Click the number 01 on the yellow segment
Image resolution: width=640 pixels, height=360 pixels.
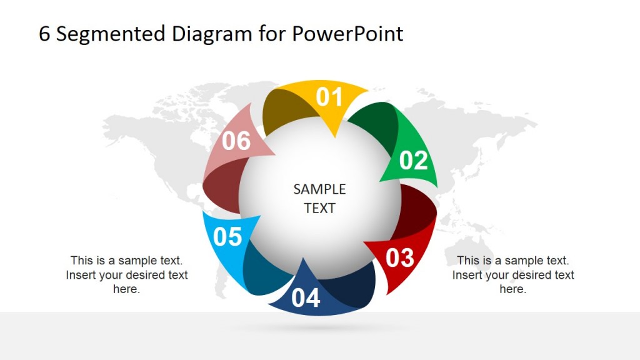(329, 97)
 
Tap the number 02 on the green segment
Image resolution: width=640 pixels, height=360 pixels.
(413, 161)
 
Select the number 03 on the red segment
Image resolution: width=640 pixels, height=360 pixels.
(400, 257)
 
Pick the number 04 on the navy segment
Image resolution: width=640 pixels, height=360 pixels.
(306, 298)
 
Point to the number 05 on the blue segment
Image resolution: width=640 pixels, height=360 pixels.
(227, 237)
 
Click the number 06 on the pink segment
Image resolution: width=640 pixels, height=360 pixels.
(236, 141)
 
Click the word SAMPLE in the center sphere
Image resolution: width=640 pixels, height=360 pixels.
(319, 189)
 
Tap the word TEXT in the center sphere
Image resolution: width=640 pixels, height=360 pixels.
(319, 208)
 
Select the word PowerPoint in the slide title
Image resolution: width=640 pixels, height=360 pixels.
(347, 34)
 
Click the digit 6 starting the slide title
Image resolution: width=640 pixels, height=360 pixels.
(44, 34)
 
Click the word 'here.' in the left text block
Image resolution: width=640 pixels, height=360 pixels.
(126, 289)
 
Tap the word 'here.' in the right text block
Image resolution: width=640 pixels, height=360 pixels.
(512, 289)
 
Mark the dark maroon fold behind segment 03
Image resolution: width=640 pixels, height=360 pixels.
(417, 212)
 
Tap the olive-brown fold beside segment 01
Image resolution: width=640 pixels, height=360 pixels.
(285, 112)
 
